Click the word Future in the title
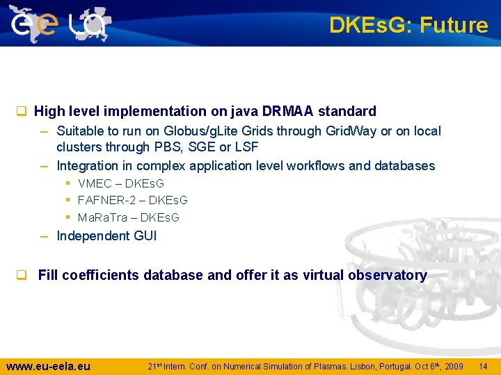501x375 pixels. coord(454,26)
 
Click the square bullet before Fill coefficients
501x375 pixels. coord(22,275)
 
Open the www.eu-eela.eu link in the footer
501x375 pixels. coord(48,366)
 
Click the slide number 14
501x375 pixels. coord(483,366)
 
